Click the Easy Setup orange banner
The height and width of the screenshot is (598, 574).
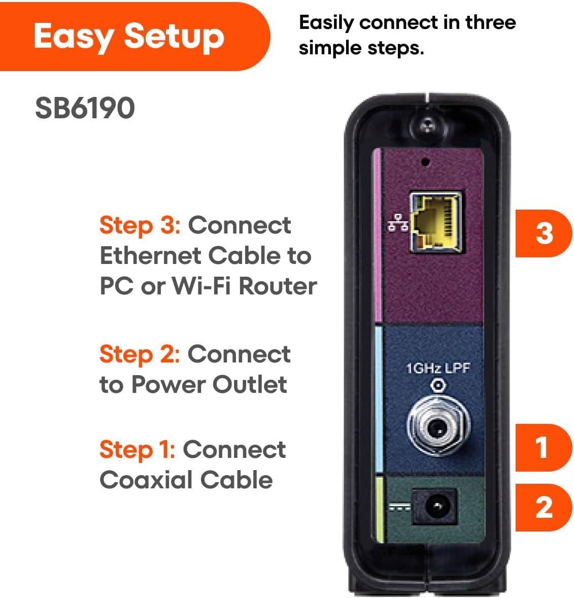click(133, 36)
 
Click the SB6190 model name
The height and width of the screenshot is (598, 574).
click(85, 108)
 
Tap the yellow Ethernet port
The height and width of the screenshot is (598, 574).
click(436, 222)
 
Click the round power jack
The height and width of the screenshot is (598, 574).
click(435, 506)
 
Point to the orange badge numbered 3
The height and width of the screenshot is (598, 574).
click(544, 233)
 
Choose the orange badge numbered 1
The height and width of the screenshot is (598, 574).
click(544, 447)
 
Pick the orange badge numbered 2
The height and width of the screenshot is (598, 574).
click(544, 507)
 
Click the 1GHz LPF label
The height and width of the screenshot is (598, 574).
click(437, 369)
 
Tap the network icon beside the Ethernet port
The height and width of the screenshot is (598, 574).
click(398, 223)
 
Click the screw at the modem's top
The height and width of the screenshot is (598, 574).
click(428, 125)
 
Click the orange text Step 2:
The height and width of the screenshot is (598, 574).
click(140, 354)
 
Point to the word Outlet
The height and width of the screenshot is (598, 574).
click(250, 384)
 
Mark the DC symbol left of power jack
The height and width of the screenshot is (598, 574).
click(399, 507)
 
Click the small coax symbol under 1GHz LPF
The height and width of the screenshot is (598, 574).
click(438, 385)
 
